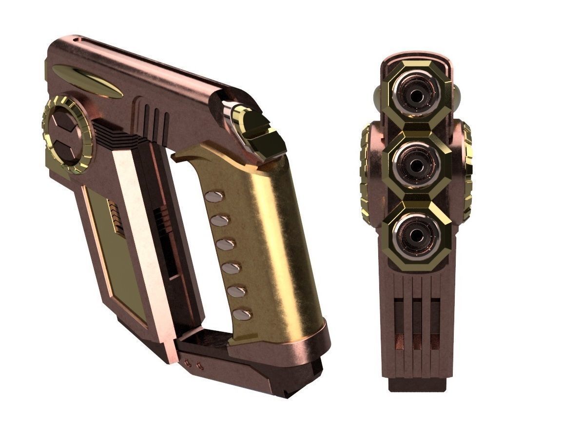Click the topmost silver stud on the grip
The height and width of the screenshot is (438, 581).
coord(214,196)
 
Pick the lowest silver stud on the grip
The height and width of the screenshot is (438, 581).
coord(242,315)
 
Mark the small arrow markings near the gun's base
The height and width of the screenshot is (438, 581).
coord(194,363)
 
